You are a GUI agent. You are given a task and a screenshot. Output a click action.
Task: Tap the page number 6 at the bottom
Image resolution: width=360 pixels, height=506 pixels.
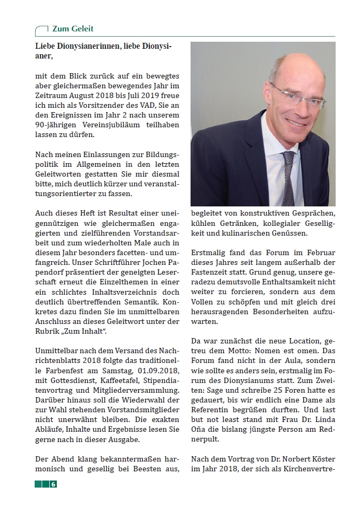pos(54,484)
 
